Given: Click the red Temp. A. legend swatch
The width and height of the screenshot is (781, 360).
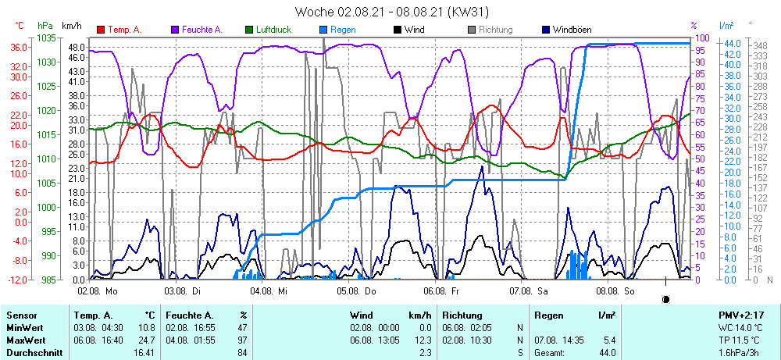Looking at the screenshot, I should point(101,30).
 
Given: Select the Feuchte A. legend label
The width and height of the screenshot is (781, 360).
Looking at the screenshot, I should point(201,30).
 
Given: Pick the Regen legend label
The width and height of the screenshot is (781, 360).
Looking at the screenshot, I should point(343,30).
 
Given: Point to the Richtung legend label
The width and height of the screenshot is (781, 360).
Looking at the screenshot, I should point(495,30).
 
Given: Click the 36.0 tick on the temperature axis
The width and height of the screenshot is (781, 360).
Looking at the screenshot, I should point(20,47).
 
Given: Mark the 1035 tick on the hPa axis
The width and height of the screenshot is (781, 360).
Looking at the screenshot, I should point(46,37).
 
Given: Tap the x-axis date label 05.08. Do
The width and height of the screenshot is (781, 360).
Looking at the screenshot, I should point(357,290).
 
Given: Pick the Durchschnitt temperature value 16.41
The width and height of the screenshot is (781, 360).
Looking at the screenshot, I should point(143,353).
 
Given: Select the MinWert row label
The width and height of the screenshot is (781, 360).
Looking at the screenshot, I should point(25,328).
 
